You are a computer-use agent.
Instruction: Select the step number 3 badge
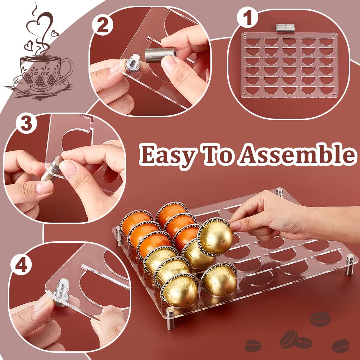pyautogui.click(x=26, y=124)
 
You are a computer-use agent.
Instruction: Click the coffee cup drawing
pyautogui.click(x=42, y=73)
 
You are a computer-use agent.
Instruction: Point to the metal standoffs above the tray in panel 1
pyautogui.click(x=285, y=27)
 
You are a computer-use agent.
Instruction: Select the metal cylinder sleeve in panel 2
pyautogui.click(x=160, y=55)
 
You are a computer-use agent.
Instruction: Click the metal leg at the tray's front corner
pyautogui.click(x=170, y=318)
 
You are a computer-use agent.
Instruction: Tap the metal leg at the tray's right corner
pyautogui.click(x=350, y=264)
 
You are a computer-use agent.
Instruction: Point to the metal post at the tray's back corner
pyautogui.click(x=279, y=192)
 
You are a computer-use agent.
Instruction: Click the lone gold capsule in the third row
pyautogui.click(x=219, y=280)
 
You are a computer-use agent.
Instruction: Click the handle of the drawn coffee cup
pyautogui.click(x=67, y=69)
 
